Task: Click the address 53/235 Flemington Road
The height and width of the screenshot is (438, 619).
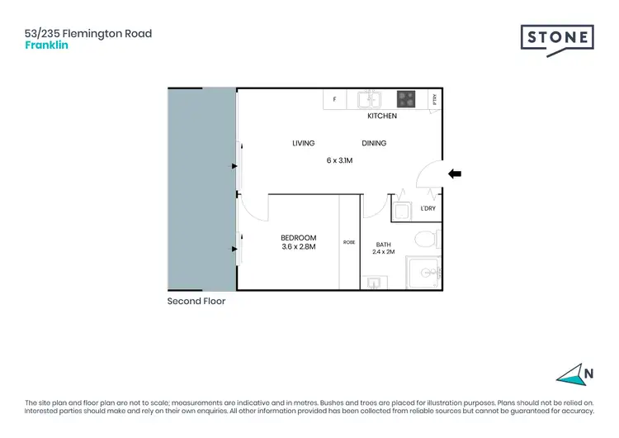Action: [88, 34]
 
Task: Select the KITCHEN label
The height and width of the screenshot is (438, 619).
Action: [382, 116]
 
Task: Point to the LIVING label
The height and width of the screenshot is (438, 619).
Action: [304, 143]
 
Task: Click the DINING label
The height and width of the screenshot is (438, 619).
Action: [374, 143]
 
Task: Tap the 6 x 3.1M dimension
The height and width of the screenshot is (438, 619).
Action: [339, 159]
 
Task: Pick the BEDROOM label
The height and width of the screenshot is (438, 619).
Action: [299, 238]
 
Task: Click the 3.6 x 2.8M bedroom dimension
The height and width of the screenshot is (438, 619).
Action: [299, 246]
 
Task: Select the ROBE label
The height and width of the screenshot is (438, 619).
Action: [349, 242]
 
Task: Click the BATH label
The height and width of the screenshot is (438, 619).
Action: [384, 245]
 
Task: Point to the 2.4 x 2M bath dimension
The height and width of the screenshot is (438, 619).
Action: [384, 251]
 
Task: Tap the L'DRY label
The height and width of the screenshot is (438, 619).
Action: [428, 208]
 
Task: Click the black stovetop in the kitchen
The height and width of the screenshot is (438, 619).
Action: [406, 99]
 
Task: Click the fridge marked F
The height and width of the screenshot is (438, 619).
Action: [334, 100]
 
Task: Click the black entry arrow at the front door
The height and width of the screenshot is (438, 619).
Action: [454, 174]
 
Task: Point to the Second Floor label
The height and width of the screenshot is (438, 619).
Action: [196, 302]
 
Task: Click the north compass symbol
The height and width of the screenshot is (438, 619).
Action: [575, 375]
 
